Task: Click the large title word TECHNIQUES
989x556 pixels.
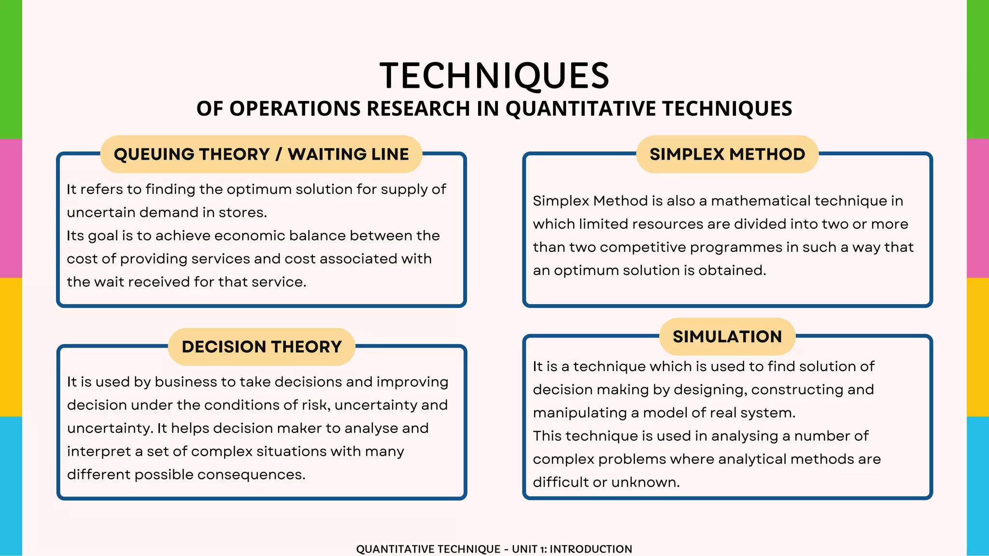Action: point(494,76)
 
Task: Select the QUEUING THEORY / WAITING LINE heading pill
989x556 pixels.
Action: point(261,154)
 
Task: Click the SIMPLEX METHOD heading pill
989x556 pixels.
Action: point(727,154)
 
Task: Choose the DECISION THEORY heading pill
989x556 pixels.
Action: point(261,347)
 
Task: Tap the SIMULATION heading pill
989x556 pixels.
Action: point(727,336)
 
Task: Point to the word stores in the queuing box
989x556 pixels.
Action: point(242,212)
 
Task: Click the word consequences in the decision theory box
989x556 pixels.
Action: point(251,474)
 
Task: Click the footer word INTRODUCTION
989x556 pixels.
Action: point(591,549)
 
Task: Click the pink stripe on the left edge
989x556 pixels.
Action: point(11,208)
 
